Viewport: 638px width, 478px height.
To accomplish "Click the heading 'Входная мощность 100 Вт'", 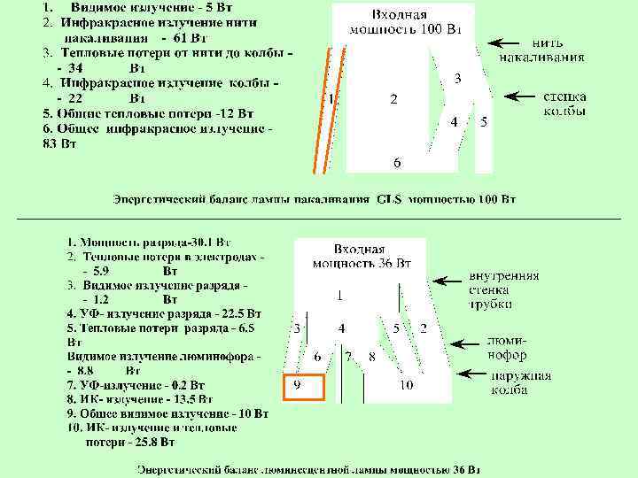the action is pyautogui.click(x=404, y=22).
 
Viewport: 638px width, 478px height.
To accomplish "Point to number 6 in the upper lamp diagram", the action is pyautogui.click(x=397, y=162).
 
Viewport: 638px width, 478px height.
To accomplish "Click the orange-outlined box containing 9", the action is pyautogui.click(x=304, y=387).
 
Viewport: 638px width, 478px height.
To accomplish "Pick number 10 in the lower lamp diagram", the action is pyautogui.click(x=406, y=385).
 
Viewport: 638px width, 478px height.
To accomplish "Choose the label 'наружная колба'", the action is pyautogui.click(x=522, y=382).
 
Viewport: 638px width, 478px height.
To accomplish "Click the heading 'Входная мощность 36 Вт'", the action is pyautogui.click(x=362, y=256).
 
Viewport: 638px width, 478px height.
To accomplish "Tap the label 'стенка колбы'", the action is pyautogui.click(x=564, y=104).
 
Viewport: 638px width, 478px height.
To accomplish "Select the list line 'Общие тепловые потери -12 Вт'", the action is pyautogui.click(x=148, y=113).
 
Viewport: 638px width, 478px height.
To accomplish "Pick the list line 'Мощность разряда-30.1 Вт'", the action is pyautogui.click(x=148, y=241).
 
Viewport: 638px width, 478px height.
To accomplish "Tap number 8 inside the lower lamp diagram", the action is pyautogui.click(x=372, y=356).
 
